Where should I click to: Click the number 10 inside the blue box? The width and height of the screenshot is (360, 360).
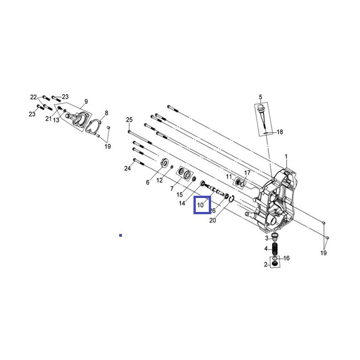pos(201,206)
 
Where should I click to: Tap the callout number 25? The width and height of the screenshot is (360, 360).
pos(129,120)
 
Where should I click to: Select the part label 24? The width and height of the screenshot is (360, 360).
pos(127,168)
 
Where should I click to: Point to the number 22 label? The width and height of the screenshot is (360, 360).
pos(33,97)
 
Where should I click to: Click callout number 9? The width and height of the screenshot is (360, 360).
pos(86,101)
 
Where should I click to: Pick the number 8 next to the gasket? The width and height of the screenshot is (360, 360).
pos(107,113)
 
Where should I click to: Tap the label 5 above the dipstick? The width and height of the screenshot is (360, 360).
pos(260,97)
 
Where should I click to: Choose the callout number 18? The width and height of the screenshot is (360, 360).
pos(279,132)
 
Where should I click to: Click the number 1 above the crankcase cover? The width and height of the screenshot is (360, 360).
pos(286,156)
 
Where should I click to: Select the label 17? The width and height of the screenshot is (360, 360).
pos(247,173)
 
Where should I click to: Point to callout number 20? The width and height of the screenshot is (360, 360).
pos(213,220)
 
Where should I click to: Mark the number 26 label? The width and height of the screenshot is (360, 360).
pos(213,211)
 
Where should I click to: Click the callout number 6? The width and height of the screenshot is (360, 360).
pos(147,182)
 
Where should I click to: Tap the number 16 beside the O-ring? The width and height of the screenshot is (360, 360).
pos(287,258)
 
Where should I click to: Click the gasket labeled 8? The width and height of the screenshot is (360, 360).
pos(95,126)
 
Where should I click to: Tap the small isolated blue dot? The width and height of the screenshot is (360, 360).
pos(121,235)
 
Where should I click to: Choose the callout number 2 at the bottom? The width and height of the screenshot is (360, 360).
pos(265,265)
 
